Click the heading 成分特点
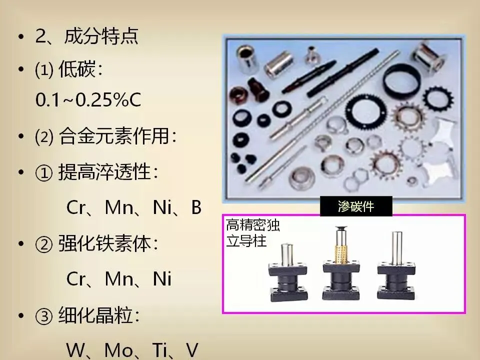pos(101,36)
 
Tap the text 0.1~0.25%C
pos(88,100)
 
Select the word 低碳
pos(77,69)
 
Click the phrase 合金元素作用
pos(113,135)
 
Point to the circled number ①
pos(44,172)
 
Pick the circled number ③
pos(44,316)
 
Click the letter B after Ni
pos(196,207)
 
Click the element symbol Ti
pos(159,350)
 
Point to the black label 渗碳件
pos(356,206)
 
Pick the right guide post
pos(396,266)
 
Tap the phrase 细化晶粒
pos(95,315)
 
